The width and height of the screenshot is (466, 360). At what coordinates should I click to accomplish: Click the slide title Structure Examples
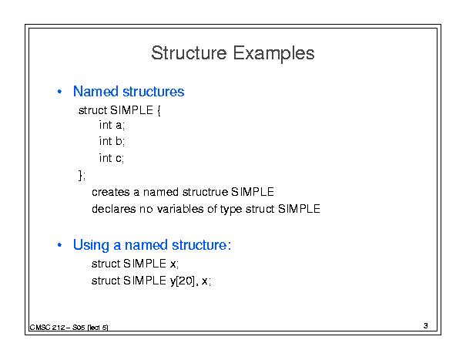tap(233, 53)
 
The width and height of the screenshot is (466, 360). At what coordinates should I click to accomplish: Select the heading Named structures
tap(129, 91)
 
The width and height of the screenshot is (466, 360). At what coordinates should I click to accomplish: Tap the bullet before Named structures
tap(59, 92)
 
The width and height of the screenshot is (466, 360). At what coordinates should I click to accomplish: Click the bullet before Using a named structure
tap(59, 245)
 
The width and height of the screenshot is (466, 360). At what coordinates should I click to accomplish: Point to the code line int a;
tap(112, 125)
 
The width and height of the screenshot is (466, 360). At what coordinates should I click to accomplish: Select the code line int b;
tap(112, 141)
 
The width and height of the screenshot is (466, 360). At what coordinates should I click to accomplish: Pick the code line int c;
tap(112, 158)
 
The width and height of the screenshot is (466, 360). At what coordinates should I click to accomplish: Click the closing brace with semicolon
tap(82, 175)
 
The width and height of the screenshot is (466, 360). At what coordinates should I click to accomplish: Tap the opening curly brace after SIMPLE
tap(159, 111)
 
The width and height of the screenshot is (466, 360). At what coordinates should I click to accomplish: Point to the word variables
tap(180, 209)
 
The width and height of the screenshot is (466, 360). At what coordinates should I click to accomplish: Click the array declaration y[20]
tap(183, 281)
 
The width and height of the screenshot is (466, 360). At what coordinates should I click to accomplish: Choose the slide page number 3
tap(426, 326)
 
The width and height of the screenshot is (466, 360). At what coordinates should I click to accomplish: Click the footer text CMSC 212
tap(47, 328)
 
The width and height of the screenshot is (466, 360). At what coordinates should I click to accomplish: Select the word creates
tap(111, 192)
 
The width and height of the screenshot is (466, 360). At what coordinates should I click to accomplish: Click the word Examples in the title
tap(273, 54)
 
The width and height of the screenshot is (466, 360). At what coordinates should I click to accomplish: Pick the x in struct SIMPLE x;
tap(173, 264)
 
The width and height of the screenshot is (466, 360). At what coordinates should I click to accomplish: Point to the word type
tap(231, 210)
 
